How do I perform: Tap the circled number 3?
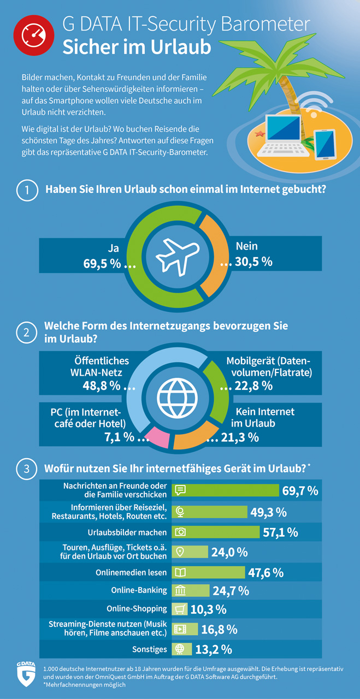pos(25,469)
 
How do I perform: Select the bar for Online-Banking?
pos(191,590)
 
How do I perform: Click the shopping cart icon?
pos(180,609)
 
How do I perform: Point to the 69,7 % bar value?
pos(300,490)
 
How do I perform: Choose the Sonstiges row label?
pos(150,649)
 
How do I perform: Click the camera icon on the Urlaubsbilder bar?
pos(180,531)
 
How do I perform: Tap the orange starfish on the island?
pos(259,133)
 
